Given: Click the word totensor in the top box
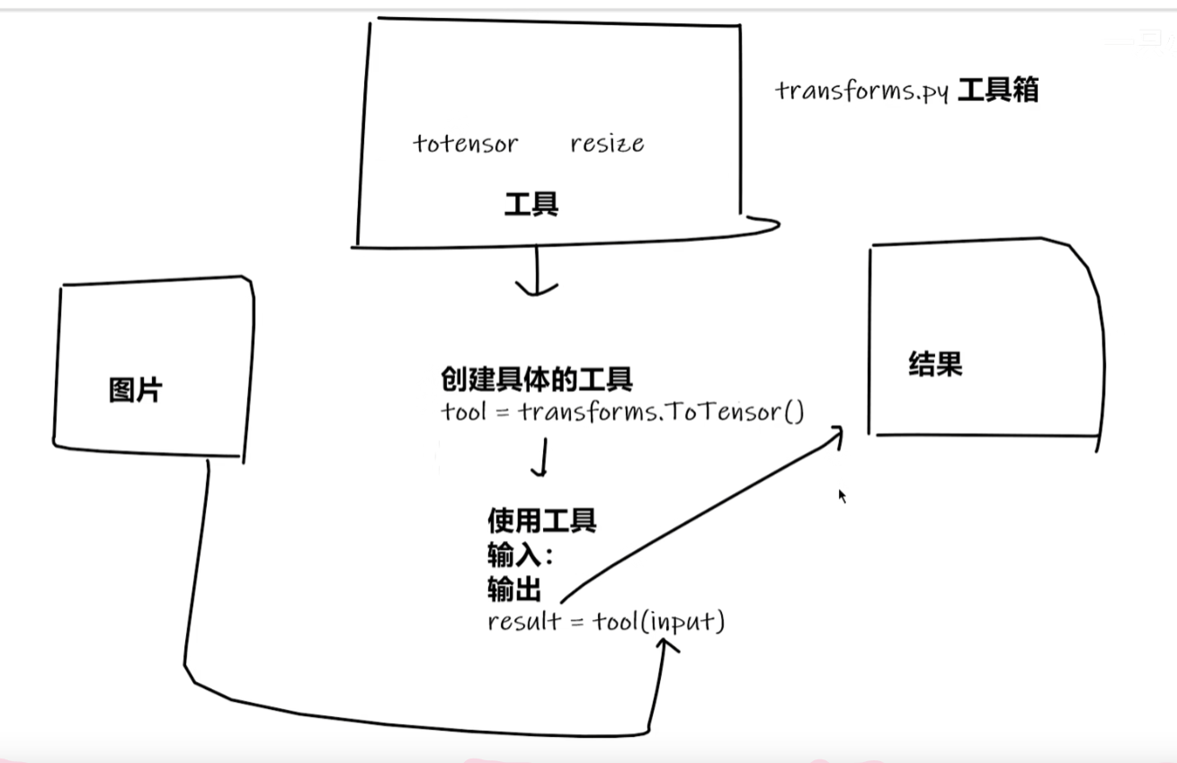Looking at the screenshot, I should [x=465, y=144].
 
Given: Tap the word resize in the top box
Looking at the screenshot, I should [x=607, y=144].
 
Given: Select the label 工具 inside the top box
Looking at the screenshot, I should [x=531, y=205].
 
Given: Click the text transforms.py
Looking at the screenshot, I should [x=861, y=92].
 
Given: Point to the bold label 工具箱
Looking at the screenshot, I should [x=998, y=91].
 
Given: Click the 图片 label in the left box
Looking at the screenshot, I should [x=136, y=391].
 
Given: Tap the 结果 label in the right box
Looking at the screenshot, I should [x=935, y=364].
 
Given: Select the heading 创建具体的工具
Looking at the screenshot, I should [x=536, y=379].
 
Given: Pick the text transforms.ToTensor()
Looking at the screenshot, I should [x=661, y=413].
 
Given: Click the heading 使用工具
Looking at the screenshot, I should [x=541, y=519].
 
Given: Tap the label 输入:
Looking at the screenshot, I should [x=520, y=555].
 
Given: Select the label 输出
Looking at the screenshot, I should [x=513, y=590].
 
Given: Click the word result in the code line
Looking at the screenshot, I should [x=523, y=622].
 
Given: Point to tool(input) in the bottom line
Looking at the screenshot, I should [x=658, y=621].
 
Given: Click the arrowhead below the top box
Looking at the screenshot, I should [x=537, y=289].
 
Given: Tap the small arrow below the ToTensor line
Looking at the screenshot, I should [x=540, y=470].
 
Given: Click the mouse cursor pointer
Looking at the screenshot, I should [x=843, y=495].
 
